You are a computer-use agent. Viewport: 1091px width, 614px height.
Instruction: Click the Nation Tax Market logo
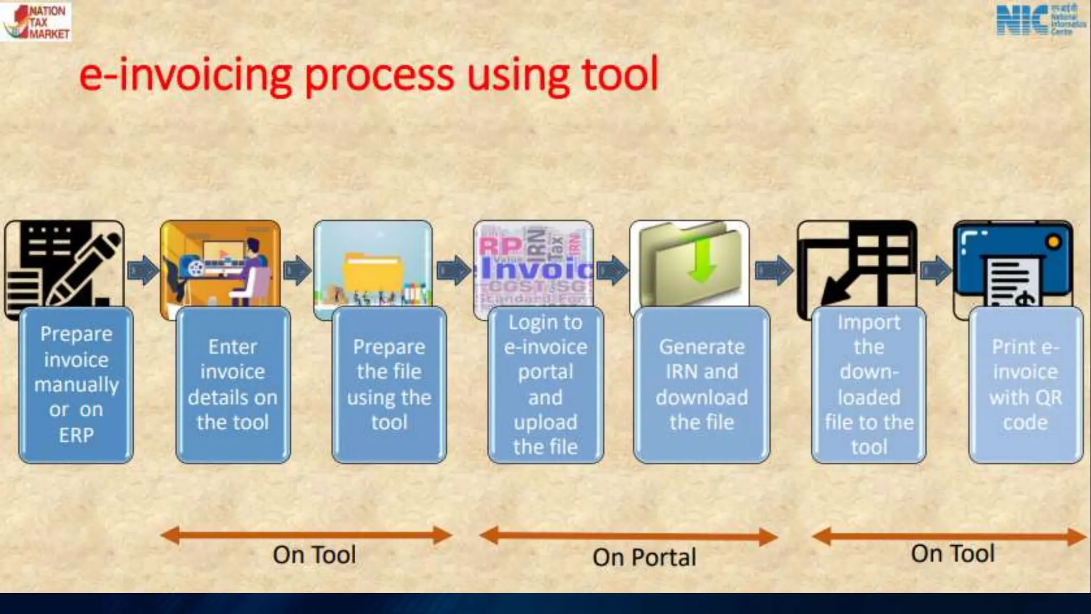(36, 21)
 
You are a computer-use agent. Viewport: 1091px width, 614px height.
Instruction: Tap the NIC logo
(1040, 20)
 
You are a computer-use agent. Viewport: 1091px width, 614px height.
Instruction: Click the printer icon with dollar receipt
(1012, 264)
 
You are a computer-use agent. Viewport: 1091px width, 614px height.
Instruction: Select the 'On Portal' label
(644, 558)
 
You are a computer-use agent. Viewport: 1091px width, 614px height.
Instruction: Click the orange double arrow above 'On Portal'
(629, 536)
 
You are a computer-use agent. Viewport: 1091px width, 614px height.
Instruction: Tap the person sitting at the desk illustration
(250, 266)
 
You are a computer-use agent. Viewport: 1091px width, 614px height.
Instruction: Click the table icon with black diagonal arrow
(857, 264)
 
